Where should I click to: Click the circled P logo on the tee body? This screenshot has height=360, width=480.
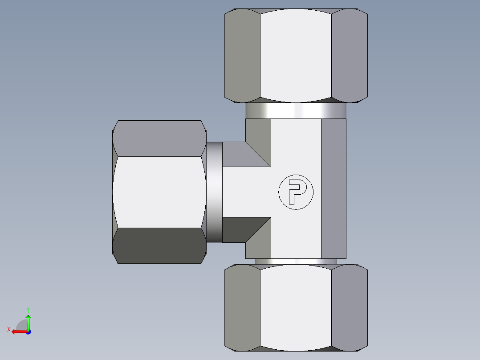pyautogui.click(x=296, y=192)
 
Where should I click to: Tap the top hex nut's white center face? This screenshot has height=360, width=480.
pyautogui.click(x=296, y=55)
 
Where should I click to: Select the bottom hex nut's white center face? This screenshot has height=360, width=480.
pyautogui.click(x=296, y=307)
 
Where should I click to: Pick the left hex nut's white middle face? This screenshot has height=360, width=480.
pyautogui.click(x=159, y=192)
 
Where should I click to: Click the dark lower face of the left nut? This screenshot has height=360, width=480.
pyautogui.click(x=159, y=245)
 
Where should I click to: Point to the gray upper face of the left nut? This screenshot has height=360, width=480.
pyautogui.click(x=159, y=138)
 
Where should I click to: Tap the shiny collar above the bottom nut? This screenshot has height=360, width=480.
pyautogui.click(x=296, y=262)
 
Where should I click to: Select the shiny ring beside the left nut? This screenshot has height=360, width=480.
pyautogui.click(x=214, y=192)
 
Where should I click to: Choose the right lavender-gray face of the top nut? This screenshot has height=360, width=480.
pyautogui.click(x=350, y=55)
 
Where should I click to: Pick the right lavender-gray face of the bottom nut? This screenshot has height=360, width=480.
pyautogui.click(x=350, y=307)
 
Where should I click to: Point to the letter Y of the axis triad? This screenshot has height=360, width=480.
pyautogui.click(x=28, y=309)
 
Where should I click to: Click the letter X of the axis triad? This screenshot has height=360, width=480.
pyautogui.click(x=9, y=329)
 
